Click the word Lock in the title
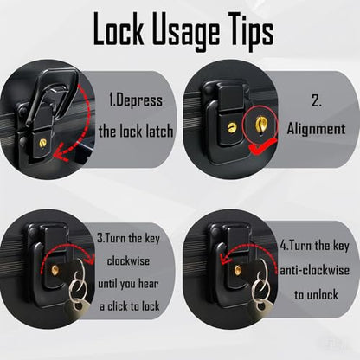[x=119, y=29]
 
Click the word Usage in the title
[x=185, y=32]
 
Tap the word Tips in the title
[x=249, y=31]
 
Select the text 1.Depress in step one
[x=136, y=100]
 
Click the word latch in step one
[x=159, y=132]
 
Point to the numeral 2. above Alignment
[x=316, y=101]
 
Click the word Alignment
[x=316, y=129]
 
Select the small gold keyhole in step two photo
[x=232, y=128]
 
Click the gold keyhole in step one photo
[x=43, y=143]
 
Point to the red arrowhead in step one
[x=61, y=155]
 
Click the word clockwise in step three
[x=128, y=261]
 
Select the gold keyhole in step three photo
[x=55, y=270]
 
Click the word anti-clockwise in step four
[x=315, y=271]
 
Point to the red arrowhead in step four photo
[x=226, y=259]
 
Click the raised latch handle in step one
[x=54, y=93]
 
